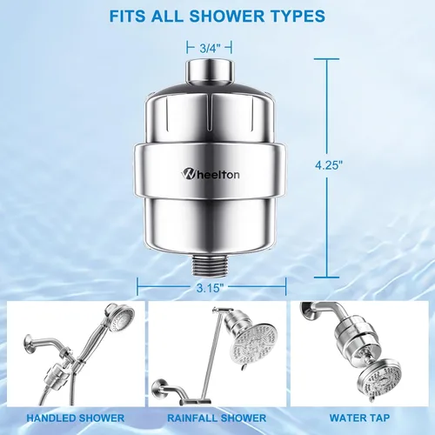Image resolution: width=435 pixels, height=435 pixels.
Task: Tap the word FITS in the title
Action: (x=128, y=16)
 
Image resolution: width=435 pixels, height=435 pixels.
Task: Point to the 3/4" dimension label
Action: (x=209, y=48)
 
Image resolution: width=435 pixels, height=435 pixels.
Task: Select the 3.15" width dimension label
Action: (x=211, y=288)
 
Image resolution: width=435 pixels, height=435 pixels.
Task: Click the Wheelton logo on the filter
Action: (x=211, y=174)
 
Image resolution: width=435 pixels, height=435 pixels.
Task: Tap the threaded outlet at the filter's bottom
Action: (x=211, y=265)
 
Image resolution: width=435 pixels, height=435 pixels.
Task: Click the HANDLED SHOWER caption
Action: (x=76, y=418)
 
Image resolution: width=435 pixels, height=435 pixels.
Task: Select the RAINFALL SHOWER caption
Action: (x=217, y=418)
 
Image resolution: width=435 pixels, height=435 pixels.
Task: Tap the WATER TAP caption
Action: (x=359, y=418)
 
